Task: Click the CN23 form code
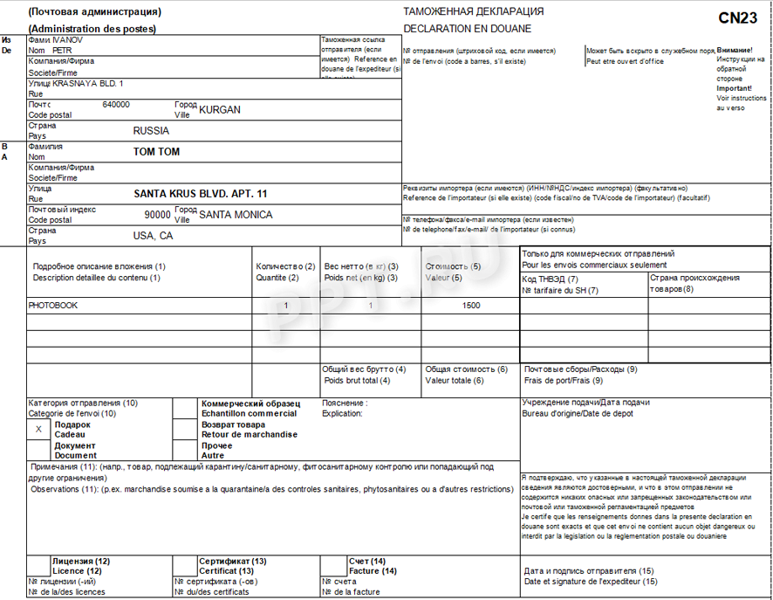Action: click(x=737, y=17)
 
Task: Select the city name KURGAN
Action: click(x=220, y=110)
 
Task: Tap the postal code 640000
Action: click(x=116, y=105)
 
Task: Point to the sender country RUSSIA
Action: click(x=151, y=131)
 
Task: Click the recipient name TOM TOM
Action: click(x=156, y=152)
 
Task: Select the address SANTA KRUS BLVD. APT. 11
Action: click(x=201, y=194)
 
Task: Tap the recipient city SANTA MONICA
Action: click(x=236, y=215)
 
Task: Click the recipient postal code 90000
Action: click(x=158, y=215)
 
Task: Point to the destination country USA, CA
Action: click(x=153, y=236)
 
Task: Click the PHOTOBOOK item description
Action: click(x=53, y=306)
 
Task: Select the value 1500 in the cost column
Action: click(x=471, y=306)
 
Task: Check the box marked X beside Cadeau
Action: click(x=38, y=430)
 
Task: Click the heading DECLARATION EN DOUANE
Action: click(x=455, y=29)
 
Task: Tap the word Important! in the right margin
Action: click(x=734, y=88)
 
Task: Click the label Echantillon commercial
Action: click(x=249, y=414)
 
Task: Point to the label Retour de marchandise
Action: click(x=249, y=434)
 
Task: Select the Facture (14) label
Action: click(x=373, y=571)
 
